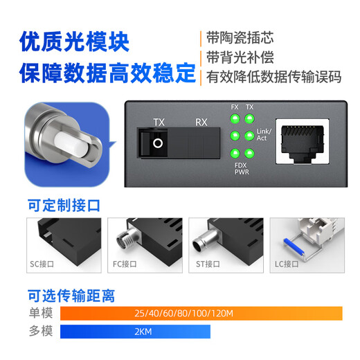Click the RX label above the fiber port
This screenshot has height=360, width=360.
(x=201, y=123)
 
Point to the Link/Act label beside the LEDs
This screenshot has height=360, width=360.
(x=264, y=134)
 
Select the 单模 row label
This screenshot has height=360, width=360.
(x=41, y=314)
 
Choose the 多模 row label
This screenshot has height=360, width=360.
(x=41, y=332)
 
